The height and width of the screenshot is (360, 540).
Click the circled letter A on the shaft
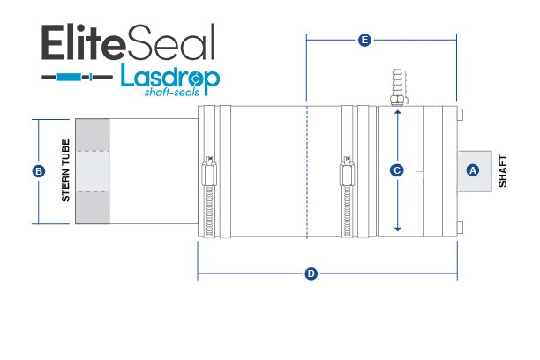tap(473, 170)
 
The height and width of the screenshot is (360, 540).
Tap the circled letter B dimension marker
tap(38, 171)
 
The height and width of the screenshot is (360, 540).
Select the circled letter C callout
tap(397, 170)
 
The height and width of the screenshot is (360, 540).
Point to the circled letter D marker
tap(311, 274)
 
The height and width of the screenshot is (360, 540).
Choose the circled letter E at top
tap(364, 40)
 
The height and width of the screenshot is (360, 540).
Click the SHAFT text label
tap(503, 171)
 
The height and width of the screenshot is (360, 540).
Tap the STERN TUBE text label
tap(65, 170)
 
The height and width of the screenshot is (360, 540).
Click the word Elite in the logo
tap(82, 42)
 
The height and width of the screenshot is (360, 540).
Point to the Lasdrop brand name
tap(170, 79)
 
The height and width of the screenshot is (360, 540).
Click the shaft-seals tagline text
tap(172, 92)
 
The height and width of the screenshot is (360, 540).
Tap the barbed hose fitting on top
tap(397, 87)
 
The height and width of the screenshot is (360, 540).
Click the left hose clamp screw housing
tap(209, 171)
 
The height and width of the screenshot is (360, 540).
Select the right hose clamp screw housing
tap(347, 171)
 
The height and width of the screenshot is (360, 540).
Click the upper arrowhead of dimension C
tap(397, 112)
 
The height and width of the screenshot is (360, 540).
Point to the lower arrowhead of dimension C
tap(397, 229)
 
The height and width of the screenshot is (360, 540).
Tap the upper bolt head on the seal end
tap(460, 115)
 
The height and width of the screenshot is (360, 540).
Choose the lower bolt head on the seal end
tap(460, 228)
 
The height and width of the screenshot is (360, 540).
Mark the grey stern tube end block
tap(93, 171)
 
